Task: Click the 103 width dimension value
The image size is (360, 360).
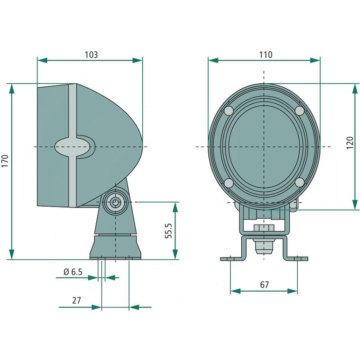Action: tap(91, 54)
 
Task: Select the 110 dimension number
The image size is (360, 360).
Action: tap(266, 54)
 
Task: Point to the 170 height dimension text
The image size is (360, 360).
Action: tap(5, 161)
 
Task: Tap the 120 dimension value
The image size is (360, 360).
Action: tap(350, 143)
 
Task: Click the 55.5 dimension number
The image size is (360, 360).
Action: tap(169, 231)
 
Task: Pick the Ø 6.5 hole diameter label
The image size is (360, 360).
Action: tap(73, 272)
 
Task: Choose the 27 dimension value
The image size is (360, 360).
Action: tap(76, 300)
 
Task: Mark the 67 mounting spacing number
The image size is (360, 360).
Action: tap(264, 285)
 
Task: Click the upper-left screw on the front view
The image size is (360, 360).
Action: tap(229, 111)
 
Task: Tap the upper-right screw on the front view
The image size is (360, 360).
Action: tap(300, 111)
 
